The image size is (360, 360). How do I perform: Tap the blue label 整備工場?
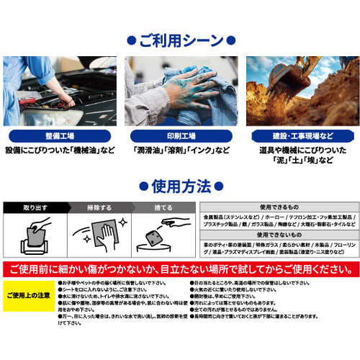pos(59,135)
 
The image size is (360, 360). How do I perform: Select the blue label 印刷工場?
pos(180,135)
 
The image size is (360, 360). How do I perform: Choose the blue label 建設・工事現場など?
pos(300,135)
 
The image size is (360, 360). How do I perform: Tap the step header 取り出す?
pos(36,207)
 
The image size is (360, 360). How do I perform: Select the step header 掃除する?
pos(100,207)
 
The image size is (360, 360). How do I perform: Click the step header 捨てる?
pos(164,207)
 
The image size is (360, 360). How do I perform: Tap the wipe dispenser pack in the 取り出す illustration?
pos(32,245)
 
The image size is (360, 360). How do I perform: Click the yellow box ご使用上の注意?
pos(28,296)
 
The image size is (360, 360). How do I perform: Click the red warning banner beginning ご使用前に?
pos(180,269)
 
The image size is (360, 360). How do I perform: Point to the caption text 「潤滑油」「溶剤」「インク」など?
pos(180,150)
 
